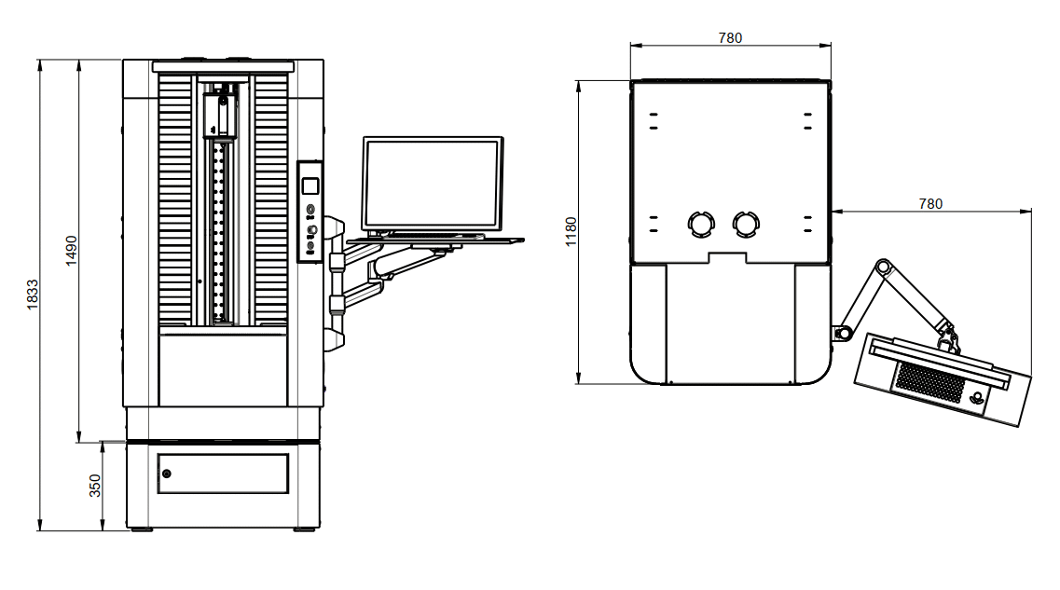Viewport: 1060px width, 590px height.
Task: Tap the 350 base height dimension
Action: point(94,486)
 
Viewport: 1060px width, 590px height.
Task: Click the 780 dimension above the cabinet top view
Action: point(730,38)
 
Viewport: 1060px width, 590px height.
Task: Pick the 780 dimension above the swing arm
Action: point(929,203)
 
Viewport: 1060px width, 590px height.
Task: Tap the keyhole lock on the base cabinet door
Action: point(166,473)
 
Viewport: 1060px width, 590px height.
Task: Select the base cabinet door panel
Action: point(223,473)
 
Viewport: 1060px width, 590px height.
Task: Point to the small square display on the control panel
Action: point(311,185)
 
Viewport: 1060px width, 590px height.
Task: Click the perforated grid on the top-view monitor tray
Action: point(928,382)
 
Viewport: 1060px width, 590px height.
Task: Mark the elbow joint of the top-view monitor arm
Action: point(883,269)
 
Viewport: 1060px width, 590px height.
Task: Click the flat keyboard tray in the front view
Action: point(434,240)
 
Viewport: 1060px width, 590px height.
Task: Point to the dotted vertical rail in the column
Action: point(220,228)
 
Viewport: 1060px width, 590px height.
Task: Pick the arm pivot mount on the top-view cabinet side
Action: point(843,332)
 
